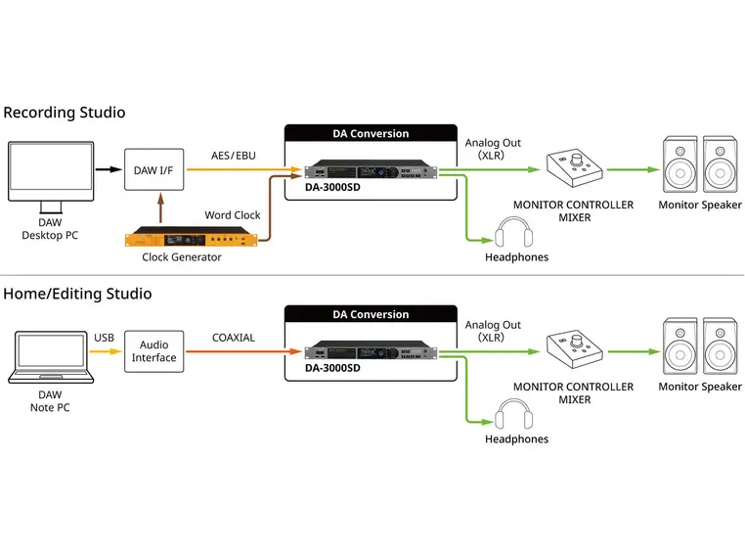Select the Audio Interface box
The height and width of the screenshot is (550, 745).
point(153,351)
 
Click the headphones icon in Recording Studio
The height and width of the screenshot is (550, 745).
point(513,235)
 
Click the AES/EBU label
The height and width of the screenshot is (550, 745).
point(233,156)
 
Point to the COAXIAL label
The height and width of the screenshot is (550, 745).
point(233,338)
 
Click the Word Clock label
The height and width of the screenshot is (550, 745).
point(232,215)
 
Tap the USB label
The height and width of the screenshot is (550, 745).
point(104,338)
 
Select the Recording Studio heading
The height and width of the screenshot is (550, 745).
point(65,113)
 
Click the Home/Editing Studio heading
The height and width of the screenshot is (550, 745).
point(77,294)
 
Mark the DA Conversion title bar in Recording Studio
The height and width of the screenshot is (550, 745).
point(371,133)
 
